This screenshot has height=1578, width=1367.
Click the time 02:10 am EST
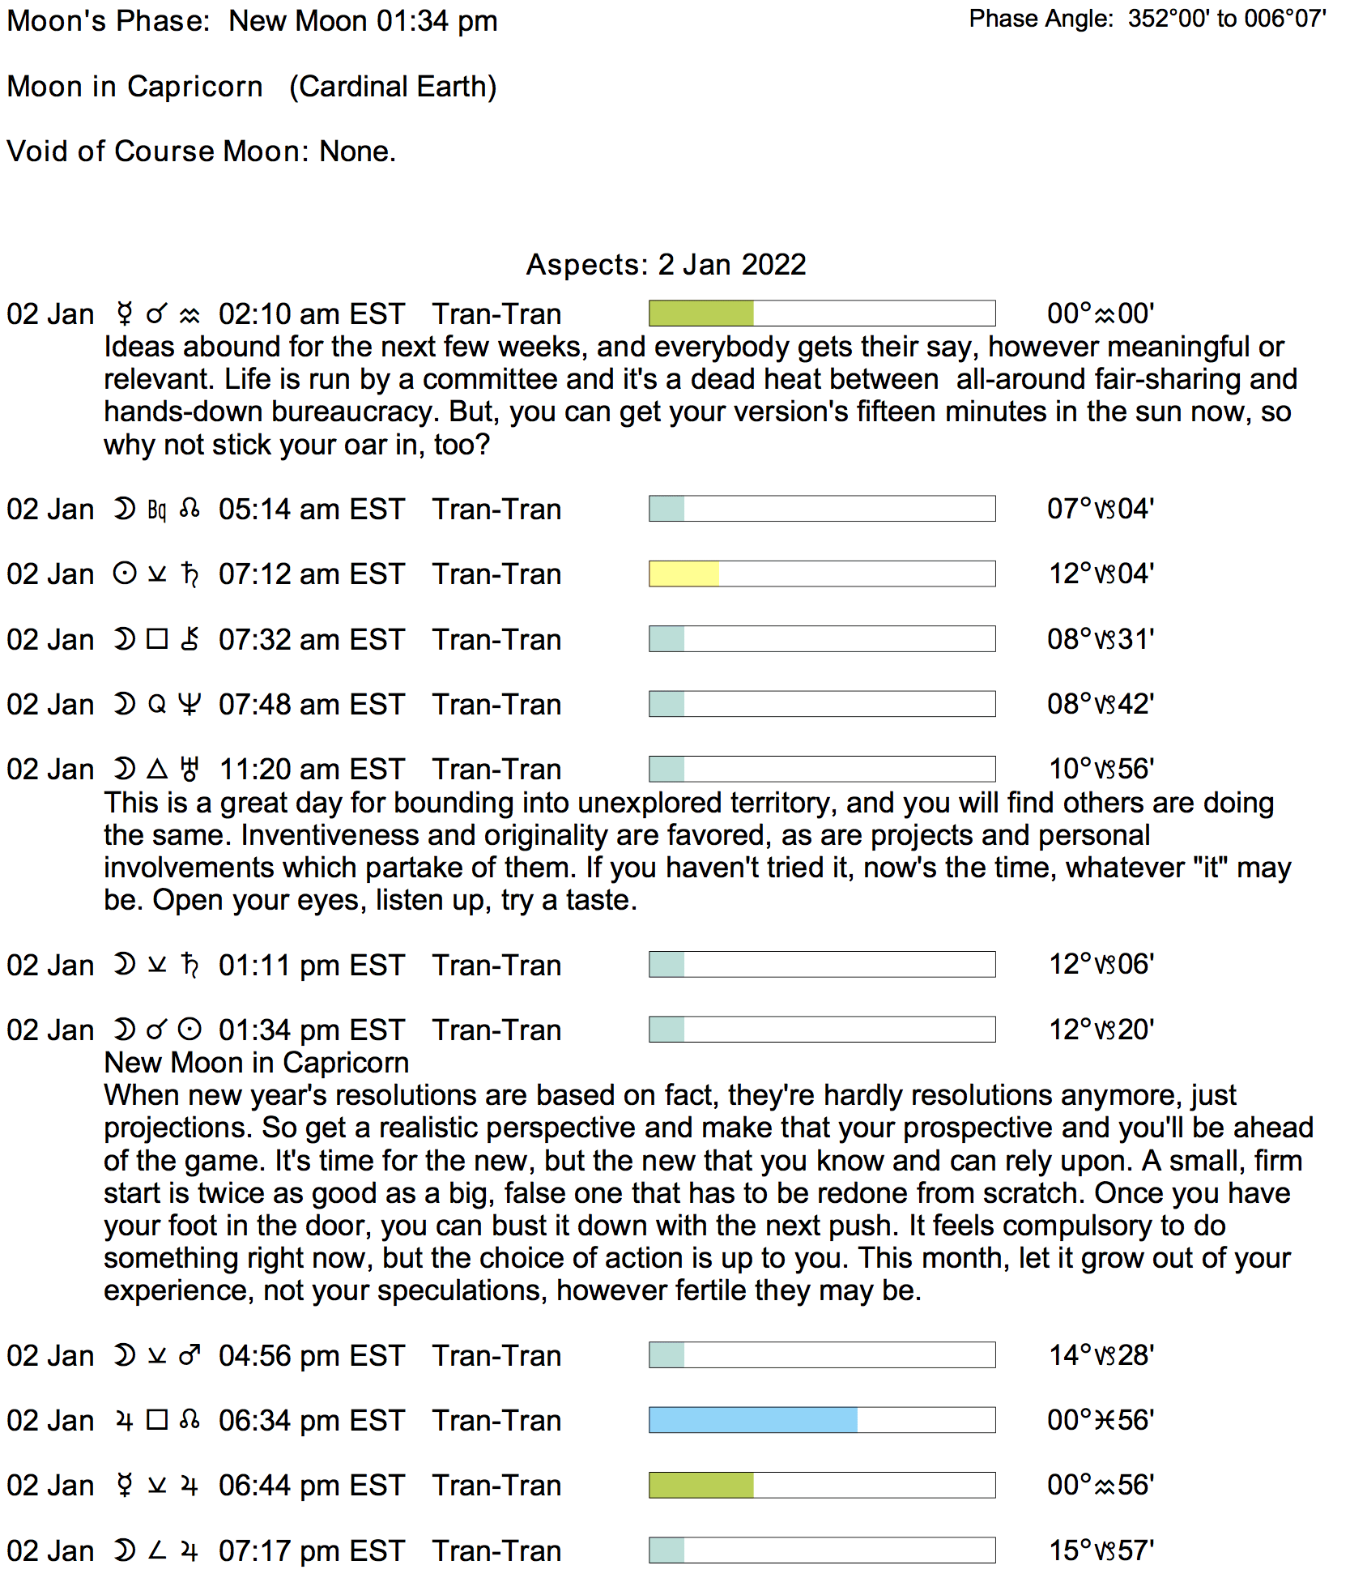tap(311, 314)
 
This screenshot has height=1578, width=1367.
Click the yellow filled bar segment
tap(683, 574)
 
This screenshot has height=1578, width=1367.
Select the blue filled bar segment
tap(752, 1420)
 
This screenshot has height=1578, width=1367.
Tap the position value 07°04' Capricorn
tap(1100, 509)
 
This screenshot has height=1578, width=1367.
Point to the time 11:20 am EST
tap(311, 770)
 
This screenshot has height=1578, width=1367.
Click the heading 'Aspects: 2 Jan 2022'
tap(666, 265)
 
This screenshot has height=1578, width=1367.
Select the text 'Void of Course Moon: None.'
tap(201, 151)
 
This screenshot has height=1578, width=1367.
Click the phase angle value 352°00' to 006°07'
tap(1226, 19)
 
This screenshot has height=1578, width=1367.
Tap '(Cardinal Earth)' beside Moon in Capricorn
tap(393, 87)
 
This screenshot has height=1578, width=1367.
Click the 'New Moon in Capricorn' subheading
tap(256, 1063)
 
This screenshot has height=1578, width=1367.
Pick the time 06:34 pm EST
tap(311, 1421)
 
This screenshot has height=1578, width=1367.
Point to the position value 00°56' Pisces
tap(1100, 1420)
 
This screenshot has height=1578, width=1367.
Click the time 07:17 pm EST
tap(311, 1551)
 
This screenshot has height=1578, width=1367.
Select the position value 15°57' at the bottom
tap(1101, 1550)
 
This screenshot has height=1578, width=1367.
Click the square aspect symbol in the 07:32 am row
tap(157, 639)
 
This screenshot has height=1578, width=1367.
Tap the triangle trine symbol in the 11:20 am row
tap(157, 769)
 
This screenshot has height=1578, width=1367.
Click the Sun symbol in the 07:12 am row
tap(124, 574)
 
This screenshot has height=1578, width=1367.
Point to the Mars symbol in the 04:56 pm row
tap(190, 1355)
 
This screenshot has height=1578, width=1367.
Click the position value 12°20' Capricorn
tap(1101, 1030)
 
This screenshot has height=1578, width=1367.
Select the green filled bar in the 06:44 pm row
tap(701, 1485)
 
